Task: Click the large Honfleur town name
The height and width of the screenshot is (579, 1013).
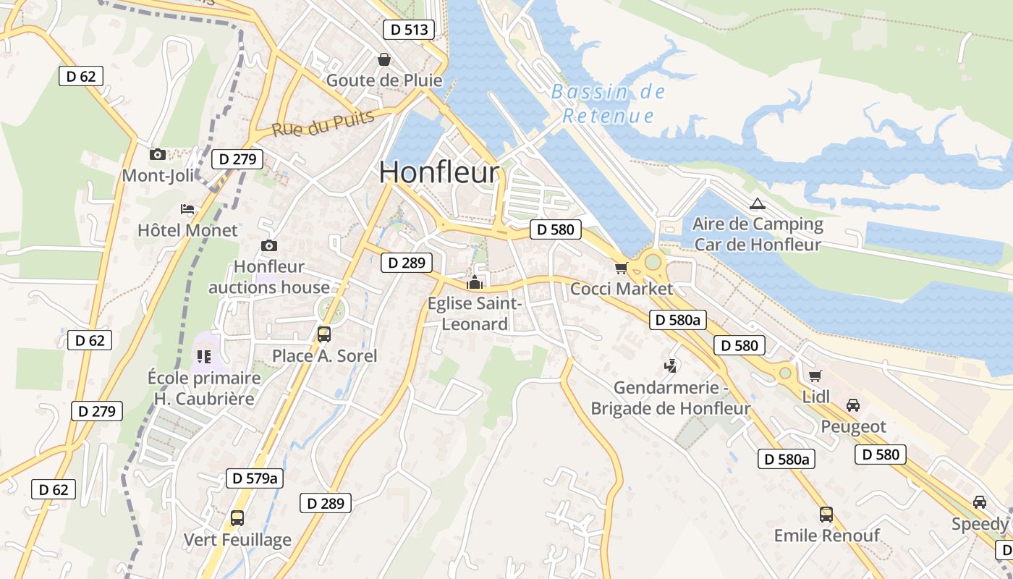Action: click(x=438, y=173)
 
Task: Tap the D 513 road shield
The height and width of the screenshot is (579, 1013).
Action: click(x=409, y=30)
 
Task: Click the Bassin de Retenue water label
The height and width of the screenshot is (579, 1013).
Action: click(x=608, y=103)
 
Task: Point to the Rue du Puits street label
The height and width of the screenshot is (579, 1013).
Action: click(x=323, y=123)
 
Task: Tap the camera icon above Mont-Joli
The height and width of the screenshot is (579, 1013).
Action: click(x=157, y=154)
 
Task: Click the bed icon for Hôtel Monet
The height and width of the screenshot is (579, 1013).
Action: click(x=187, y=209)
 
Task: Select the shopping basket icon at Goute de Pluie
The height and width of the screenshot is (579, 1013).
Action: click(x=384, y=59)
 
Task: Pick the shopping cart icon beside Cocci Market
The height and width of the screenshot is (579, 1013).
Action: click(x=621, y=269)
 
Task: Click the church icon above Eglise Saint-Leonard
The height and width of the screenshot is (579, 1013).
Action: click(x=475, y=282)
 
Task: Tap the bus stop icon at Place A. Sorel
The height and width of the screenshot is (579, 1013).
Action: click(x=323, y=334)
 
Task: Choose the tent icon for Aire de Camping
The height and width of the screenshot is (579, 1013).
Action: click(x=757, y=204)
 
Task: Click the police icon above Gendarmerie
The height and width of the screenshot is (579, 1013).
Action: click(x=671, y=366)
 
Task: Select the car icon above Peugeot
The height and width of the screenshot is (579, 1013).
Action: click(x=853, y=405)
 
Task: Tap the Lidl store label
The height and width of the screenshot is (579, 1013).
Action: click(x=816, y=397)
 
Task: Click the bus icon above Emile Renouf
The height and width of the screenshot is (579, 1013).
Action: click(x=826, y=515)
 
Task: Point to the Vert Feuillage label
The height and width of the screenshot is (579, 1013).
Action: click(x=237, y=540)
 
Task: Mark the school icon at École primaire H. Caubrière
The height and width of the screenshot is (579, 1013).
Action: click(x=203, y=356)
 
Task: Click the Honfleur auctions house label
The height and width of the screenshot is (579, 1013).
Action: click(x=269, y=277)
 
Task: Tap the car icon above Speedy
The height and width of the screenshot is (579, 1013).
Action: click(x=979, y=502)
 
